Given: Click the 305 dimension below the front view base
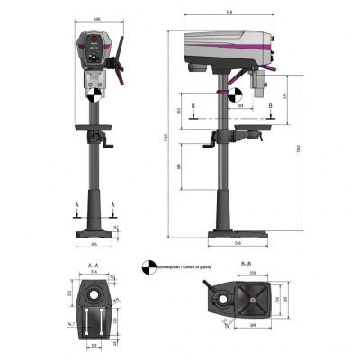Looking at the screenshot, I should click(x=93, y=245).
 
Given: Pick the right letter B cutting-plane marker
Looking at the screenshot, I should click(x=271, y=105).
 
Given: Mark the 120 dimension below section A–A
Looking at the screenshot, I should click(x=93, y=345).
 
